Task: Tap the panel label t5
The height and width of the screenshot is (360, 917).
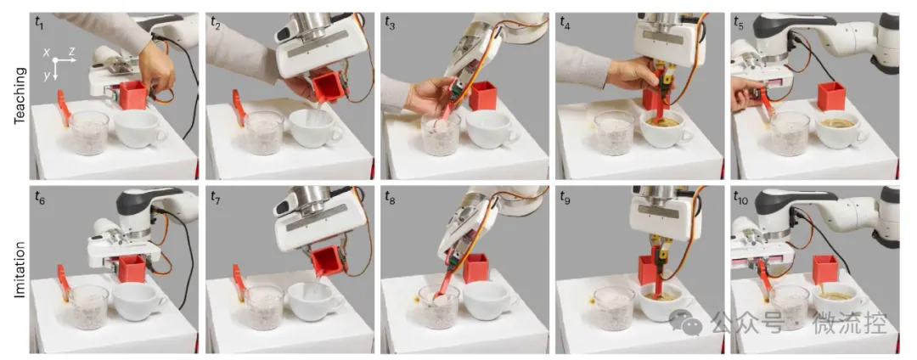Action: coord(740,23)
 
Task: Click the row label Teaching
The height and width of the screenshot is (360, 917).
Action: coord(21,96)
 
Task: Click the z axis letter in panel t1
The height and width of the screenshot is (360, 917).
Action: coord(71,52)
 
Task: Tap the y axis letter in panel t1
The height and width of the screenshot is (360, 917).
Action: coord(47,76)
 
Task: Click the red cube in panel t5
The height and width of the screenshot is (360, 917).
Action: coord(831,97)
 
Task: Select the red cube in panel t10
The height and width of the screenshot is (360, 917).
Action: coord(826,270)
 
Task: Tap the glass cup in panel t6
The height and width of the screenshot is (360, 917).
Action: coord(89,306)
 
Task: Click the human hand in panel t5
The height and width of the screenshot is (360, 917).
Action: coord(744,95)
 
